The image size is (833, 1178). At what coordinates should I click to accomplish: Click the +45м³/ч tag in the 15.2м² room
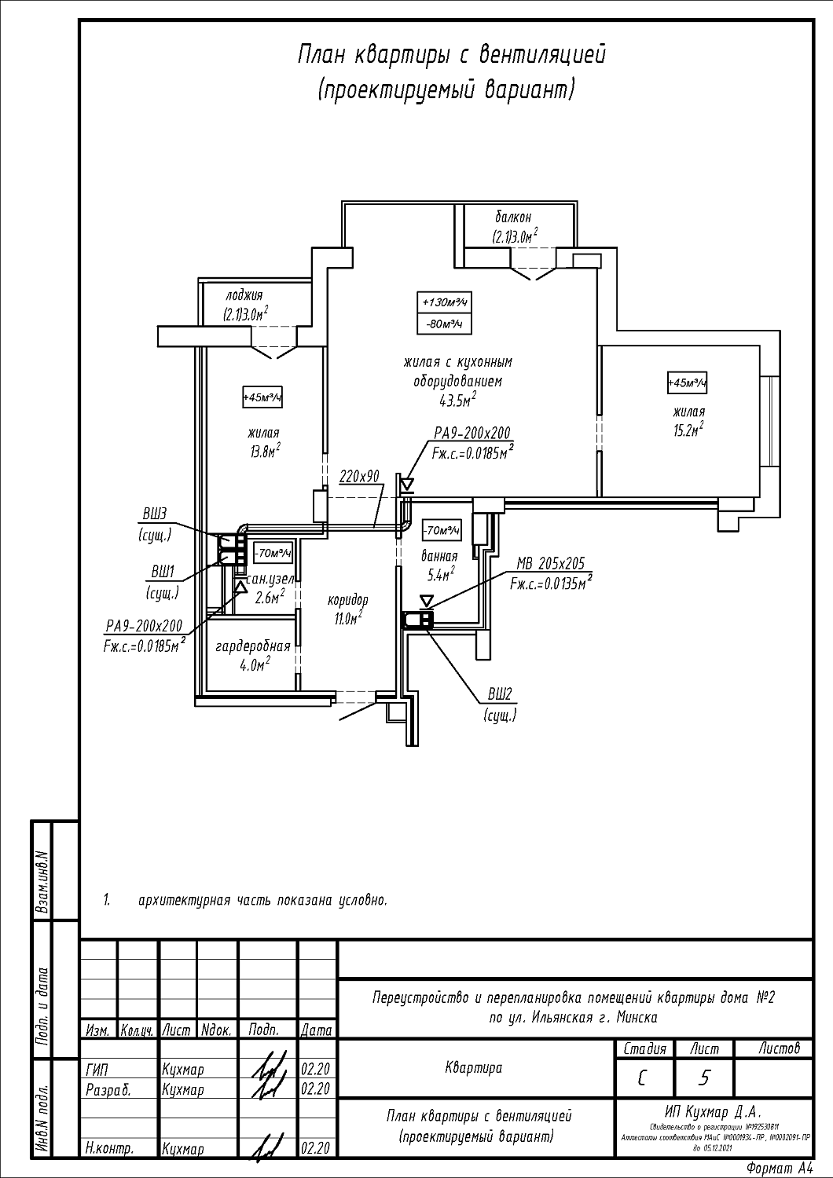(x=687, y=383)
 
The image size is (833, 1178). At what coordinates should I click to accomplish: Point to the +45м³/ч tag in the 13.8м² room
(x=262, y=398)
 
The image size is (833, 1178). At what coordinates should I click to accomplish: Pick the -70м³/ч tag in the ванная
(x=441, y=531)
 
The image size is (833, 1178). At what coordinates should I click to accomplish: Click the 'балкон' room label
(x=513, y=217)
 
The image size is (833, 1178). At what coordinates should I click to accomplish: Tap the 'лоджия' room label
(x=244, y=295)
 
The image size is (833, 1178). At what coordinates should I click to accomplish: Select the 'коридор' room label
(x=347, y=601)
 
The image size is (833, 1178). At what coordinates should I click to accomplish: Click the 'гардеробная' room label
(x=253, y=646)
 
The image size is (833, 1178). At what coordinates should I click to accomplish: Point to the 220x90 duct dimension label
(x=359, y=476)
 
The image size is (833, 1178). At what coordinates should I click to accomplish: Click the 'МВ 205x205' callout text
(x=551, y=564)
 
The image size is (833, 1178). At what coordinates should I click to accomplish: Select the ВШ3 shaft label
(x=155, y=514)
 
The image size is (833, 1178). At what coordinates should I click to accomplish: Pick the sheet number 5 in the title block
(x=704, y=1078)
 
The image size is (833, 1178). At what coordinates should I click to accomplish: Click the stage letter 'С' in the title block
(x=644, y=1078)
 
